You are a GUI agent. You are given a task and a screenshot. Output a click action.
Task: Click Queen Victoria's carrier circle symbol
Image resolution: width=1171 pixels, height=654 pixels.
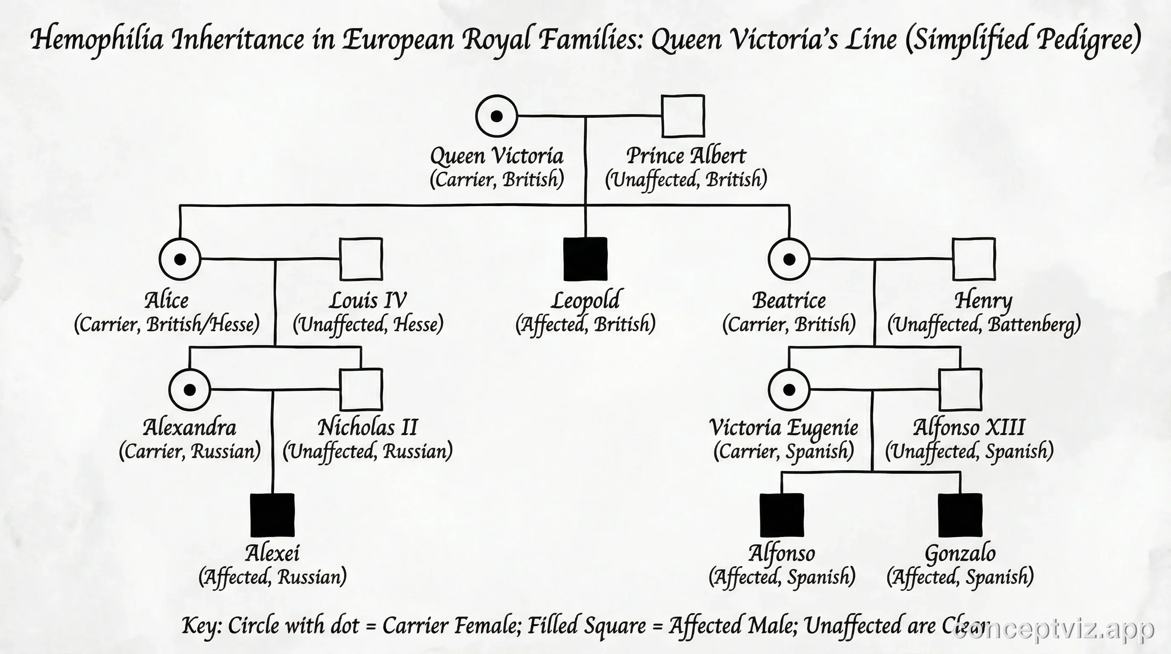(x=497, y=116)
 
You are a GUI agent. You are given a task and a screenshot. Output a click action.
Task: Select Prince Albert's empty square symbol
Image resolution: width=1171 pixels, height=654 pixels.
(x=683, y=116)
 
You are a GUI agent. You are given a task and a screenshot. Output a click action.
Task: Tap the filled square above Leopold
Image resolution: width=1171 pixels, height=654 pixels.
(x=585, y=259)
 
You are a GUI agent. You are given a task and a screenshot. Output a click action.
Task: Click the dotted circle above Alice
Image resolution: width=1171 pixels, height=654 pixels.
(x=180, y=259)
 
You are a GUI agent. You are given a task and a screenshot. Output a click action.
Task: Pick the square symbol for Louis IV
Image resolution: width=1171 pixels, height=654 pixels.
(x=361, y=259)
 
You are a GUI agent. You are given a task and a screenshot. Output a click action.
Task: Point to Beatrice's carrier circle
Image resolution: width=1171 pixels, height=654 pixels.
(x=789, y=259)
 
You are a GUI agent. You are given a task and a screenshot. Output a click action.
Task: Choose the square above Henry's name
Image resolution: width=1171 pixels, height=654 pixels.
(x=974, y=259)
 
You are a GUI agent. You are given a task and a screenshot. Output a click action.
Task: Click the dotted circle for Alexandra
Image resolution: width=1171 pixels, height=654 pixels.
(x=189, y=390)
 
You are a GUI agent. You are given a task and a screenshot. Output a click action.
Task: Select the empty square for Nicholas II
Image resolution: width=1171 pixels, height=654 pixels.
(x=361, y=390)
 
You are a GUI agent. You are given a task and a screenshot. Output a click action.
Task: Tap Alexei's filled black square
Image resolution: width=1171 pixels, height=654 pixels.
(x=272, y=515)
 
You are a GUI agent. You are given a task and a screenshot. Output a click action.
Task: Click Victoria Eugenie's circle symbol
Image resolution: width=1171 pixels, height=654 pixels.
(x=789, y=390)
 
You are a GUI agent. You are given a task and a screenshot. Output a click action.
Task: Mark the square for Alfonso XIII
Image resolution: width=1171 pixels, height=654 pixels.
(x=960, y=390)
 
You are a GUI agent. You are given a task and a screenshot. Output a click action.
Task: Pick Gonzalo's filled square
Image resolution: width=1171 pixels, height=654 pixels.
(x=960, y=515)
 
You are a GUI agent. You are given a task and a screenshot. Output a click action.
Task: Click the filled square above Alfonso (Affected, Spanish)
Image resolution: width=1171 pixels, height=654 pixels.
(x=782, y=515)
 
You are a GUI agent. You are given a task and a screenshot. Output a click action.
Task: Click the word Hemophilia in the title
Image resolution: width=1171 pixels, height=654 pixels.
(x=97, y=40)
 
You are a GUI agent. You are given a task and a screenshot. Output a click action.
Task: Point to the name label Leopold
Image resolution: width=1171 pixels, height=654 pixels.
(x=585, y=301)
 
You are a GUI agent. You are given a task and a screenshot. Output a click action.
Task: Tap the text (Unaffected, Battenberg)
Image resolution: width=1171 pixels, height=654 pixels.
(x=984, y=325)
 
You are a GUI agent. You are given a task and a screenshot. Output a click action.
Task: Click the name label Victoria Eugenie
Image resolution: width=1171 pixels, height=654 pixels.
(x=784, y=427)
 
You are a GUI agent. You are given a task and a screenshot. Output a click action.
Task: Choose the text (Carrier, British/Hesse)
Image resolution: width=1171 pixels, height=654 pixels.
(x=167, y=325)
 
